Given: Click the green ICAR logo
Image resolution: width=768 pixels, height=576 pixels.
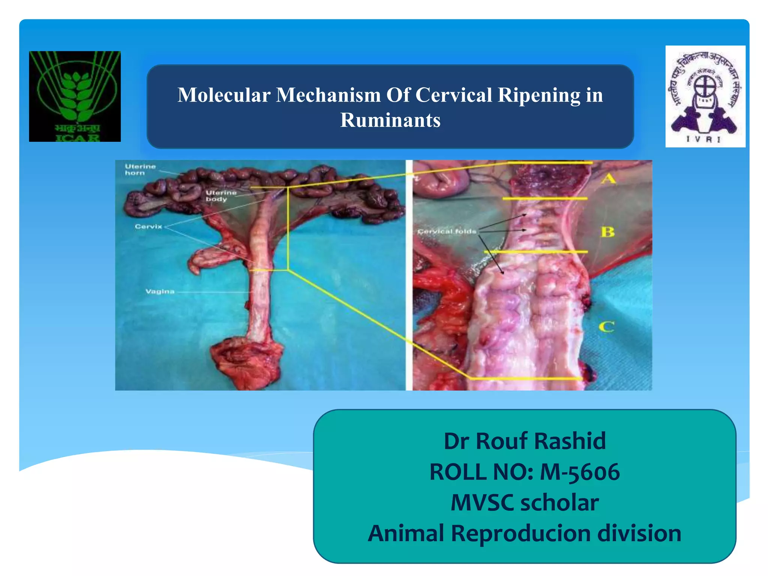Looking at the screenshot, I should click(75, 96).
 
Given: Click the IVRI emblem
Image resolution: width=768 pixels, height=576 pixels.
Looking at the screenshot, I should click(705, 96).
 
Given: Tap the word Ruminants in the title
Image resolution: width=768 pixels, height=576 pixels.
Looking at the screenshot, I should click(390, 120).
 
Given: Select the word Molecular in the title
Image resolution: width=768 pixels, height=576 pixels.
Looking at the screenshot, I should click(224, 95).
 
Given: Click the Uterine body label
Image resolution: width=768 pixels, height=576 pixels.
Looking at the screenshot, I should click(221, 196).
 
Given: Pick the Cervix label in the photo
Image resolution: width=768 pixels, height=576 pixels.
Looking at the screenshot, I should click(148, 226).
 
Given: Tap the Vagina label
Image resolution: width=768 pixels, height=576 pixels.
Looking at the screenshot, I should click(160, 291).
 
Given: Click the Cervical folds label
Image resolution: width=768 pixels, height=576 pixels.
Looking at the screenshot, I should click(447, 231).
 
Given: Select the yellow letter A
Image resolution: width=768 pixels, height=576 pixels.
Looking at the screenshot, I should click(608, 178).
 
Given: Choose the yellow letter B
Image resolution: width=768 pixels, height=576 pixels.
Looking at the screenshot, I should click(608, 232).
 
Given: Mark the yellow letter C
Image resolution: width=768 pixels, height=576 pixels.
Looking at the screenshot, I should click(606, 327).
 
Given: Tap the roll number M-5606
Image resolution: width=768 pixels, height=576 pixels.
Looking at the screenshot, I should click(580, 472).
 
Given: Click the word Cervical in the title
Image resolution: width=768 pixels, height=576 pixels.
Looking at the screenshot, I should click(453, 95).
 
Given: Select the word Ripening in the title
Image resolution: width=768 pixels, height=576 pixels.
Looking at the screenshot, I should click(539, 95).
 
